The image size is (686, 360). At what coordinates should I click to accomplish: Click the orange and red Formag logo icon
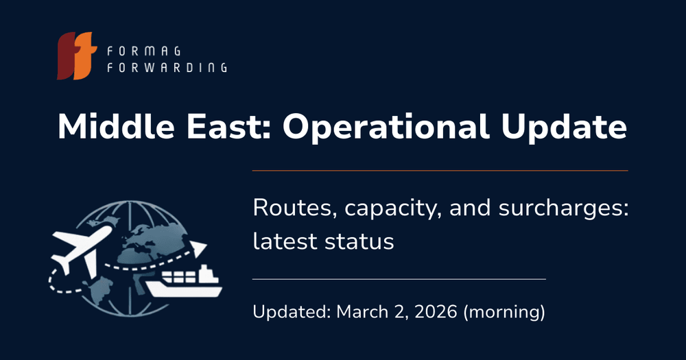coord(77,56)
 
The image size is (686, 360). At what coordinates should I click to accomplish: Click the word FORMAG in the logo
coord(144,51)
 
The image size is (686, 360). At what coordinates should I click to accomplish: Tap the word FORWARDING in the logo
coord(167,67)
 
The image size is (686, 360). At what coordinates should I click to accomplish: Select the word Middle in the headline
coord(116,126)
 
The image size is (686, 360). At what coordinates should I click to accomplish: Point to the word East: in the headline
coord(227,127)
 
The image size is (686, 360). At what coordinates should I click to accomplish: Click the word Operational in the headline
coord(386,128)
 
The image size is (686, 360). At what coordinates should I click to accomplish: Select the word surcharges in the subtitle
coord(563,209)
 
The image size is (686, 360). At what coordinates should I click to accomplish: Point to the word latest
coord(285,241)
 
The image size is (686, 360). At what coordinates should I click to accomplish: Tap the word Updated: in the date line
coord(292,312)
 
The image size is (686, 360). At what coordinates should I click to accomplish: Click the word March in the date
coord(363,312)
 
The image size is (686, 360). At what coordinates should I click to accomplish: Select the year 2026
coord(436,312)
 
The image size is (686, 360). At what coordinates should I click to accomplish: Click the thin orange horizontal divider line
coord(440,170)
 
